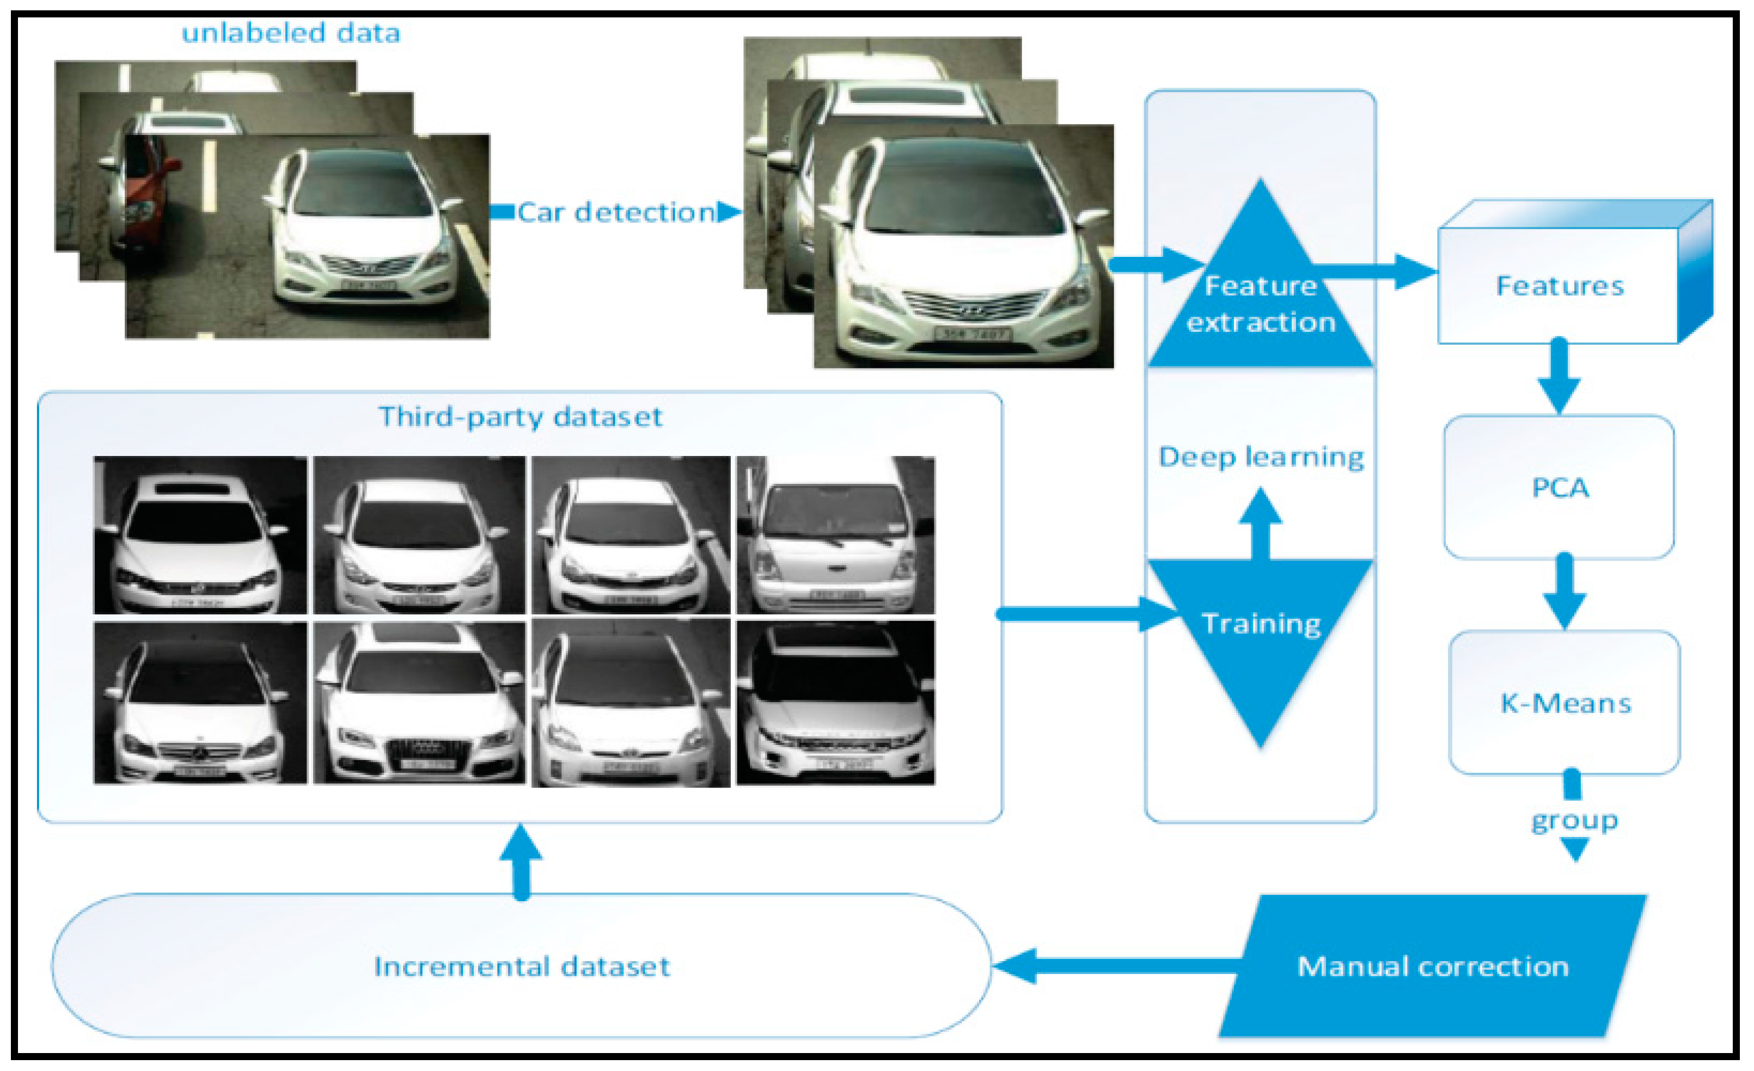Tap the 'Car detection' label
pyautogui.click(x=616, y=212)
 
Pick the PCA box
pyautogui.click(x=1559, y=488)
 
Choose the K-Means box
pyautogui.click(x=1564, y=703)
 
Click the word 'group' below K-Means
pyautogui.click(x=1575, y=821)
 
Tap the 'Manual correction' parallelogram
pyautogui.click(x=1432, y=967)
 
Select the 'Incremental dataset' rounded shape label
pyautogui.click(x=521, y=967)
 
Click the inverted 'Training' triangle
pyautogui.click(x=1260, y=626)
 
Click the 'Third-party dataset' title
pyautogui.click(x=520, y=416)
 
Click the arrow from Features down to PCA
pyautogui.click(x=1559, y=377)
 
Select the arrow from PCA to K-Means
pyautogui.click(x=1564, y=590)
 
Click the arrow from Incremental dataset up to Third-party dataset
pyautogui.click(x=521, y=861)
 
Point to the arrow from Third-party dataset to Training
pyautogui.click(x=1082, y=613)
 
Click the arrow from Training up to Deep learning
pyautogui.click(x=1260, y=523)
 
